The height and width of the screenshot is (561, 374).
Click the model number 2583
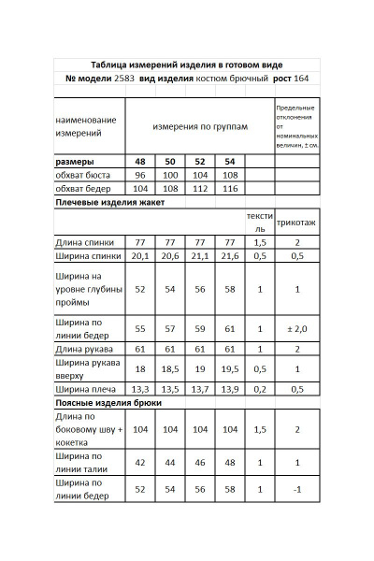pos(125,79)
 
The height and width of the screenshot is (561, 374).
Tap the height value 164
pos(301,79)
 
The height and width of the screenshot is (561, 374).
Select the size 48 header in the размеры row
pos(140,161)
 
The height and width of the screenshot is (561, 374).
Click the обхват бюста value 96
pos(140,175)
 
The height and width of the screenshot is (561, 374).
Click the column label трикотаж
pos(296,225)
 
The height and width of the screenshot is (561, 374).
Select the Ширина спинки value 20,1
pos(140,254)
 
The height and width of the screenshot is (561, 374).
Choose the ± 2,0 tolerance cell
pos(296,329)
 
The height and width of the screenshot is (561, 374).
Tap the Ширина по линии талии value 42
pos(140,462)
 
